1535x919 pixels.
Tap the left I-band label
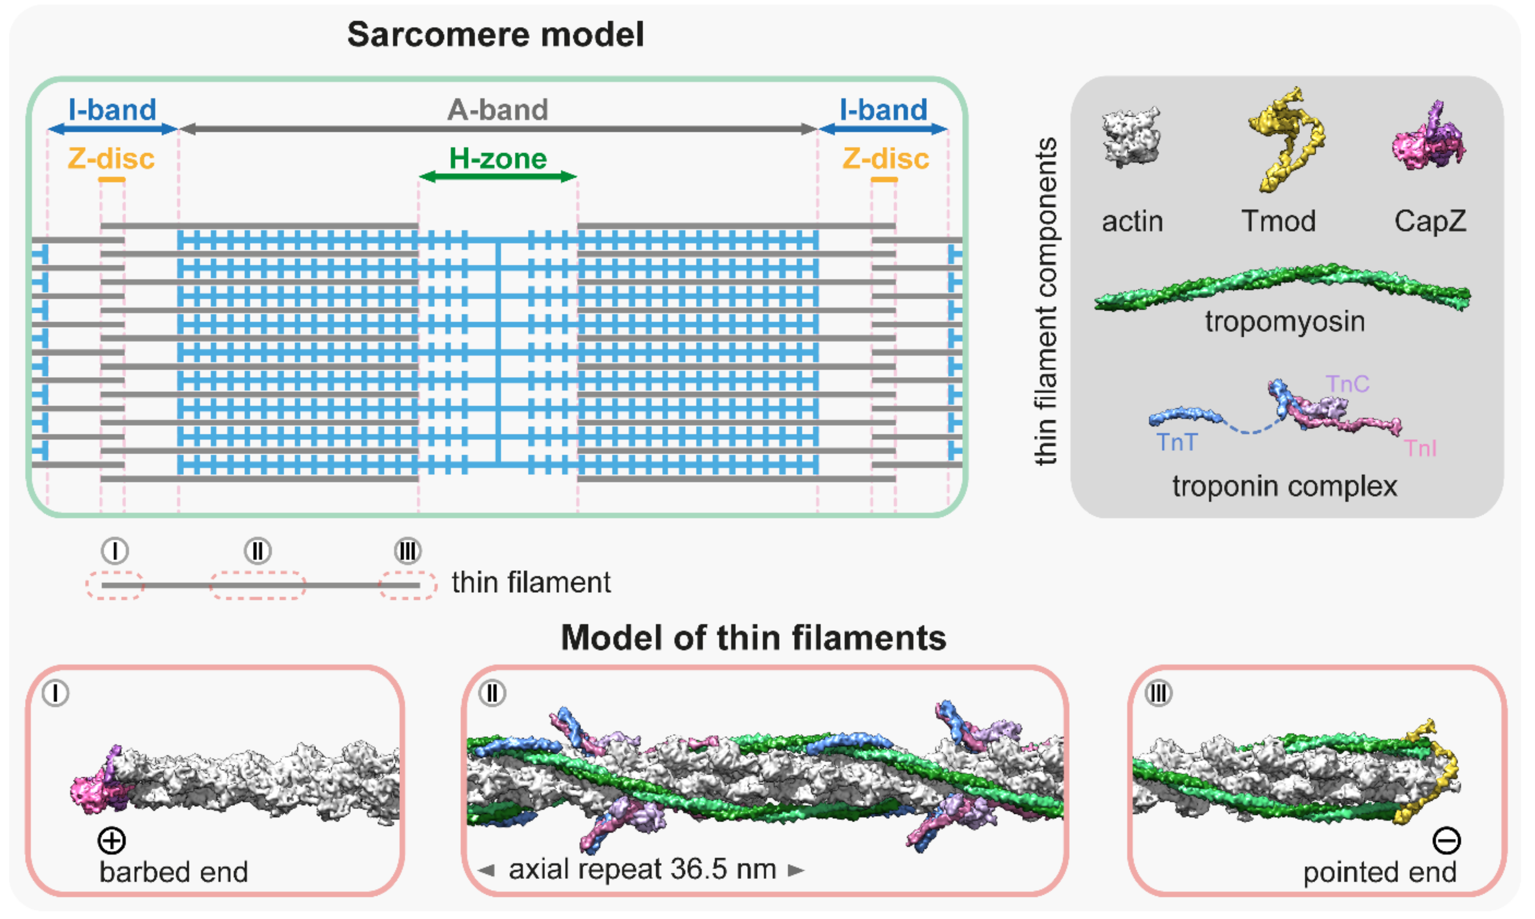[x=112, y=110]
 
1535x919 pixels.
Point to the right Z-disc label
[x=886, y=159]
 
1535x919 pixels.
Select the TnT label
[x=1177, y=443]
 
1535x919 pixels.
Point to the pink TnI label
[x=1420, y=448]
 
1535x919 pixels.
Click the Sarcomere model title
[x=495, y=35]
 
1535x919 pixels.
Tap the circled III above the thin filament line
[x=408, y=550]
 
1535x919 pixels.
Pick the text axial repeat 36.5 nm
[x=642, y=870]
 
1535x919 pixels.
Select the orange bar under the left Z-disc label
[x=111, y=180]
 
